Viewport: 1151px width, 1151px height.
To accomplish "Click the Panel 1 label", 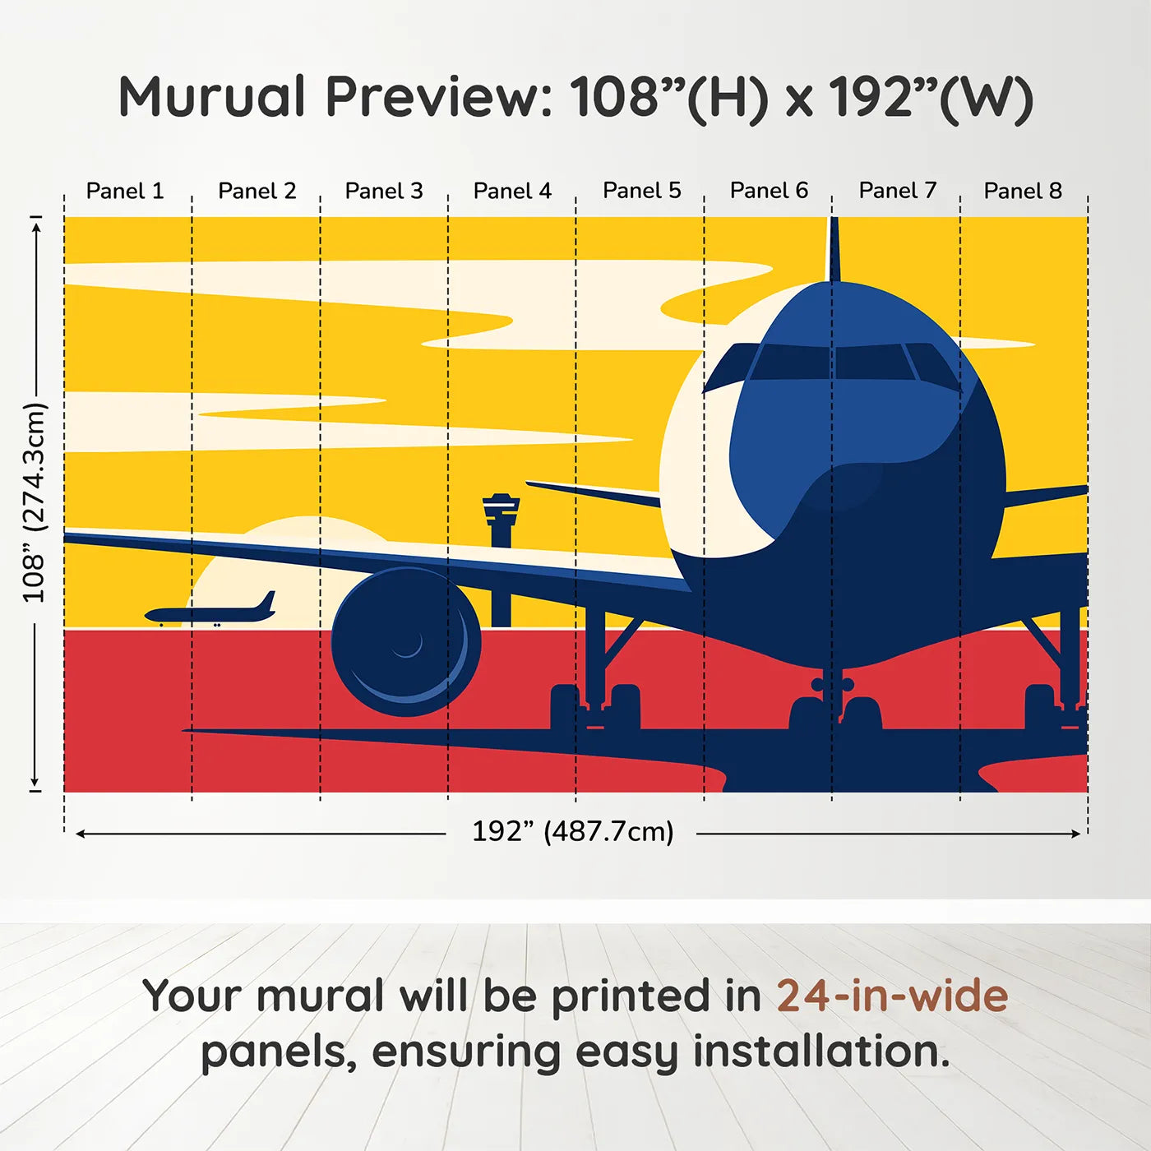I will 125,191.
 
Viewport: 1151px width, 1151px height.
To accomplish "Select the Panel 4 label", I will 512,191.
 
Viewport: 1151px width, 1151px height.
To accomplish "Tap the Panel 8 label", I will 1023,191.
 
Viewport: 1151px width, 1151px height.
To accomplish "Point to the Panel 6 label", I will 769,191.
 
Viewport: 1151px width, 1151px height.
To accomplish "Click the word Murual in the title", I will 212,97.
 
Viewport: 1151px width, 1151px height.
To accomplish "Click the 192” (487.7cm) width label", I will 572,831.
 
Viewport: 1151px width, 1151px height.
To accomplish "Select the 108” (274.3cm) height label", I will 35,502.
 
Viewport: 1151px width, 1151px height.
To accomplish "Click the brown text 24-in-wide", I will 892,996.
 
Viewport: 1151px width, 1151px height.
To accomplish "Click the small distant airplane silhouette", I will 210,612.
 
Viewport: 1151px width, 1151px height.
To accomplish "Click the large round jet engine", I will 404,640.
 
